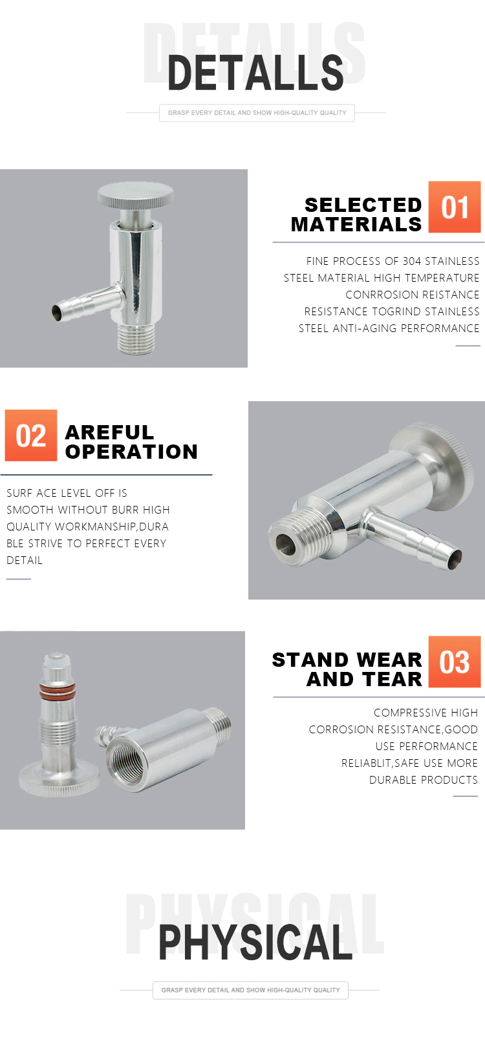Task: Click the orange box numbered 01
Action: (x=454, y=207)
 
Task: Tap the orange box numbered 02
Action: (x=31, y=435)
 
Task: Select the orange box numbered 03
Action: (x=454, y=661)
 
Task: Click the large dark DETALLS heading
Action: (x=255, y=72)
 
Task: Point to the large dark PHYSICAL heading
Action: (x=255, y=942)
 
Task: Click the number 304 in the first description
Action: (x=412, y=261)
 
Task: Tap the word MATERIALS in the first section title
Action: (x=356, y=225)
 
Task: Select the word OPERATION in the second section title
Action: (x=131, y=452)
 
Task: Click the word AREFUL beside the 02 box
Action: (x=109, y=432)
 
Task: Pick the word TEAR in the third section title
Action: (x=396, y=679)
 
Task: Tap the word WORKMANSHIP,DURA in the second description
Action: (x=112, y=527)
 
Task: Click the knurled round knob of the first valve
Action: (x=136, y=194)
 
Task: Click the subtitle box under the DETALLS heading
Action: (x=257, y=113)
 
